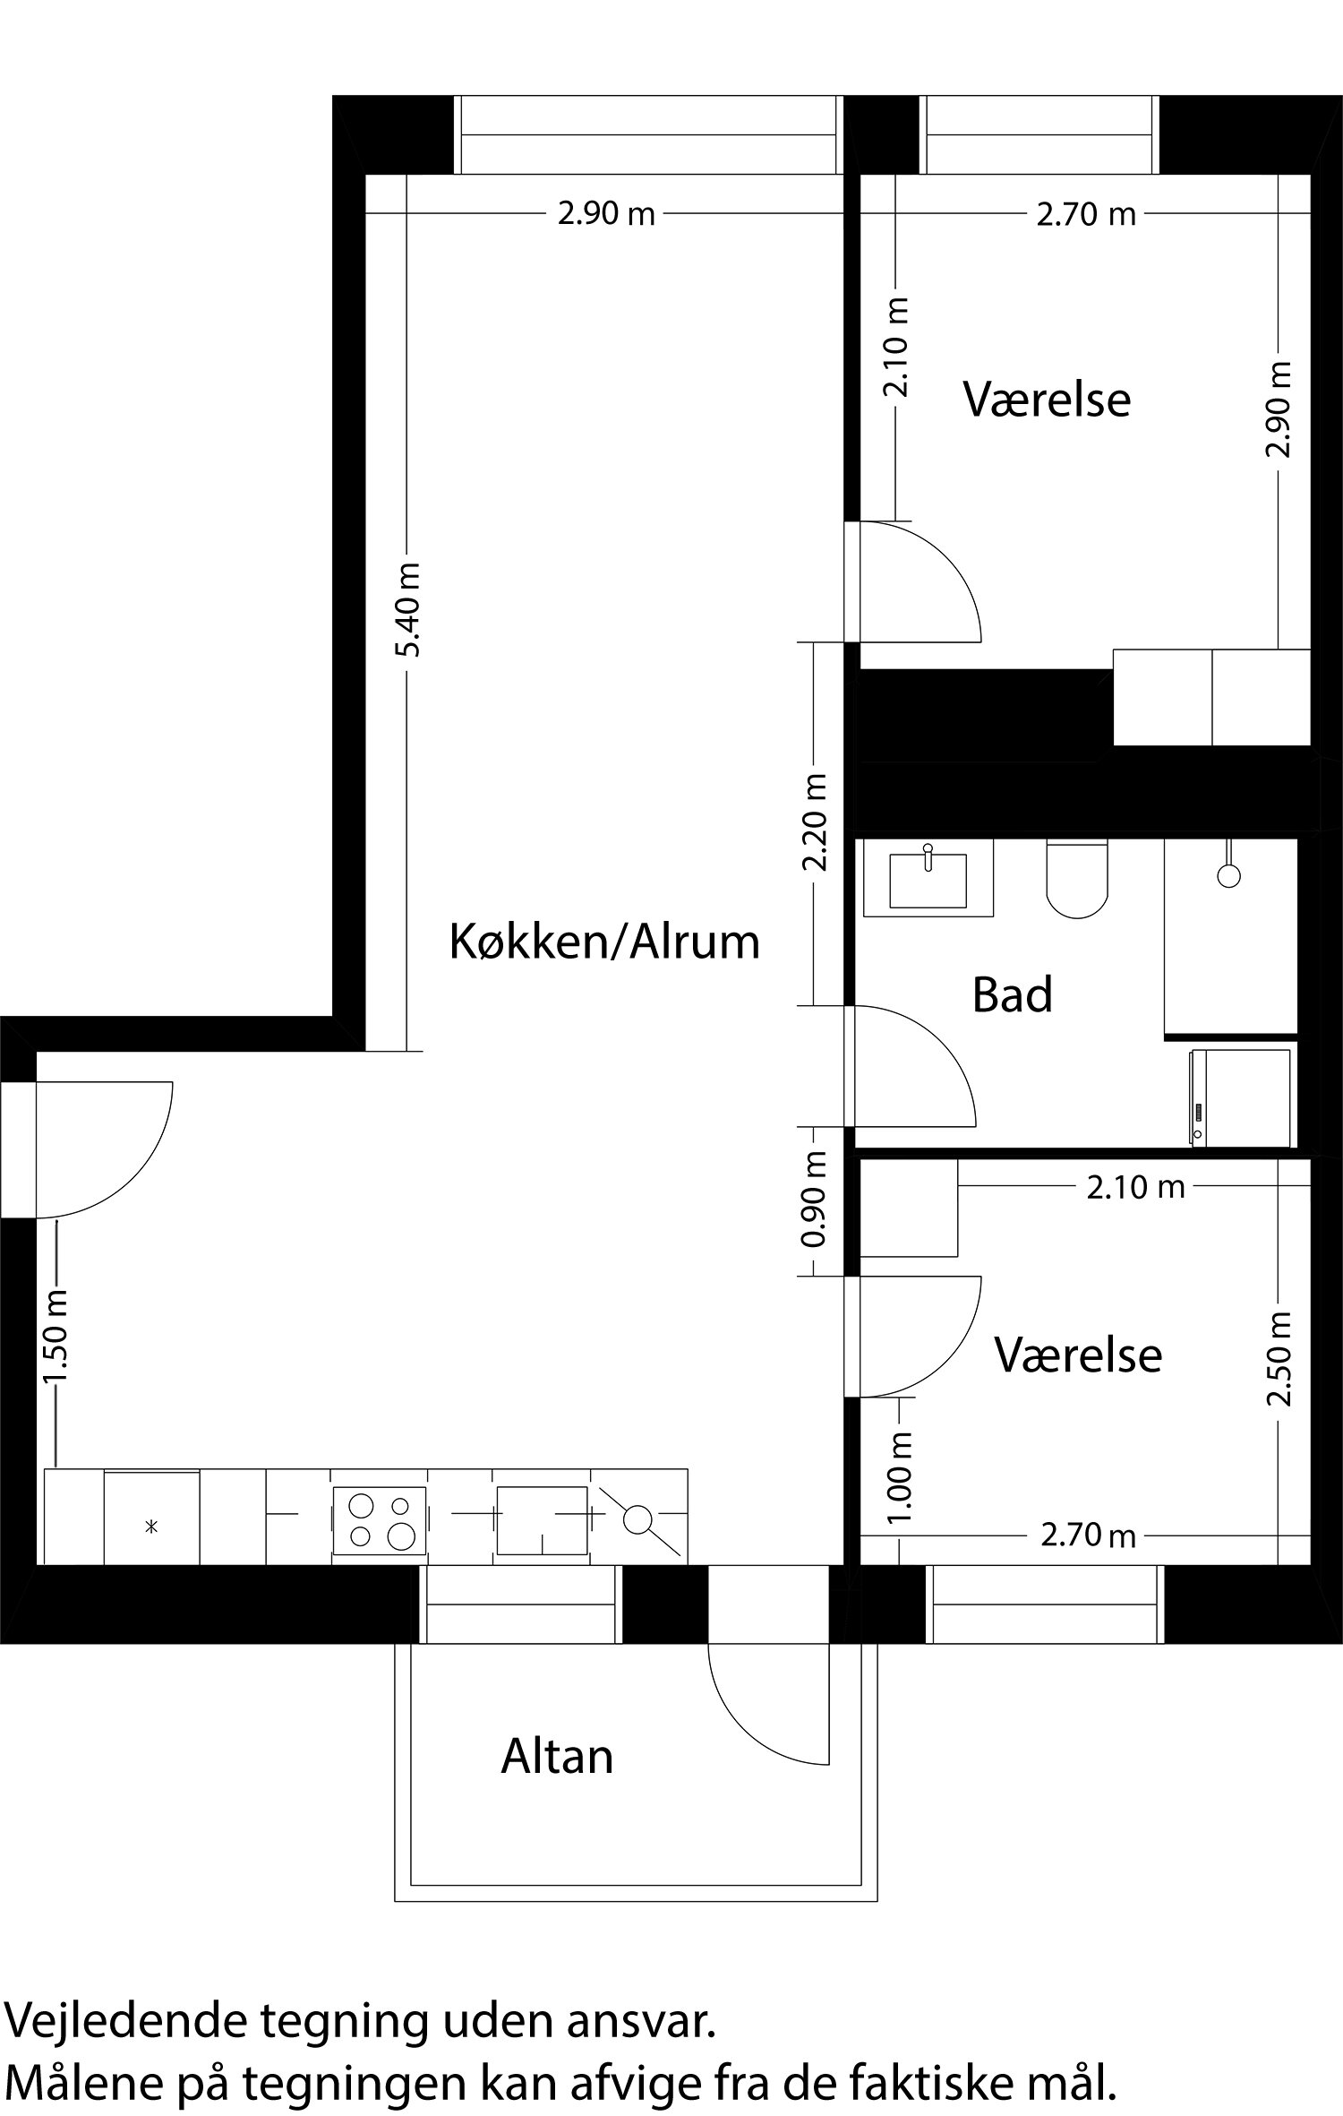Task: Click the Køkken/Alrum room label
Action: (604, 942)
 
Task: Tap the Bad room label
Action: (1012, 995)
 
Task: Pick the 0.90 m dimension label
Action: (815, 1200)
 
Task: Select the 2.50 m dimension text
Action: (1280, 1359)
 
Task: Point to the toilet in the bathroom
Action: (1077, 879)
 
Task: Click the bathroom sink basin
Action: (928, 880)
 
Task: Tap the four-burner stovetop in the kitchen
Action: (380, 1519)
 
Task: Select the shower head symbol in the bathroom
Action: (1229, 875)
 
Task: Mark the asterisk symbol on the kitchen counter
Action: (151, 1526)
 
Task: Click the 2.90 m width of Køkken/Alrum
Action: (606, 215)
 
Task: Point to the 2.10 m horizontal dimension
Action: (1135, 1188)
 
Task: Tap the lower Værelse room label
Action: (1078, 1355)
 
